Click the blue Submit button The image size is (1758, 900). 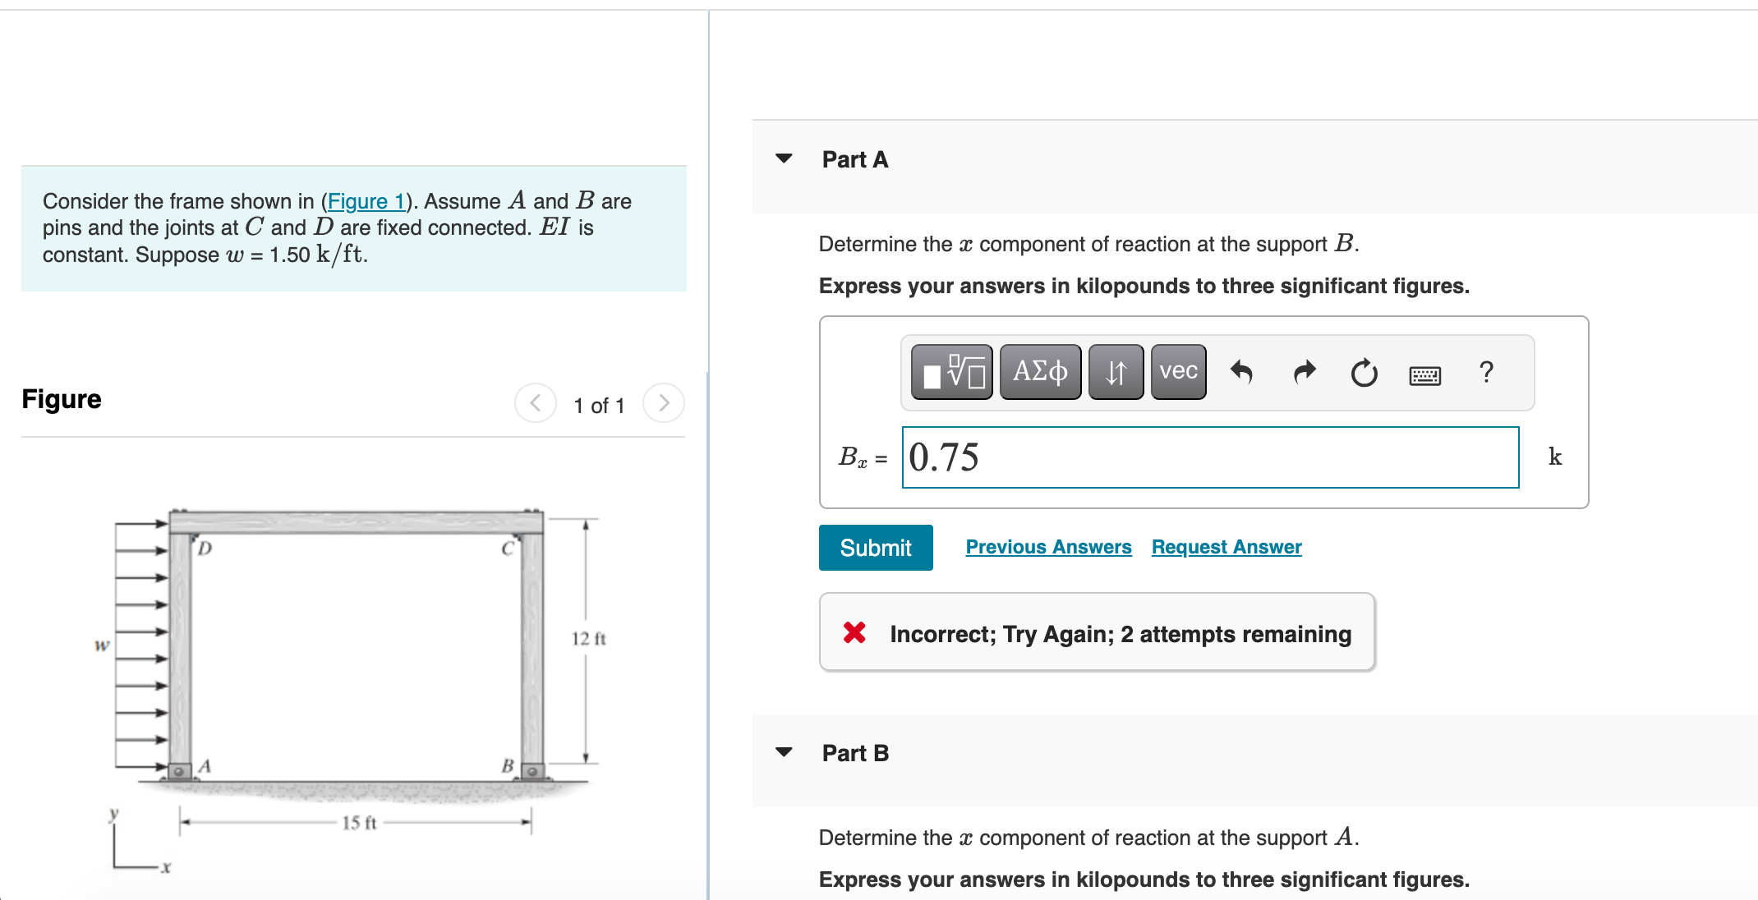pos(876,548)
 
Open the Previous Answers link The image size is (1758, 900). pos(1048,547)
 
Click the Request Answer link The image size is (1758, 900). pos(1226,547)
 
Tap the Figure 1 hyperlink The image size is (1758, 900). pos(366,201)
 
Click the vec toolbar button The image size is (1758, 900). pos(1178,372)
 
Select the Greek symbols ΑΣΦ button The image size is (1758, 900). pos(1040,372)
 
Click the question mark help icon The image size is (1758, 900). pos(1485,373)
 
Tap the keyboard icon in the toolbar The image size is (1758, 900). pos(1424,375)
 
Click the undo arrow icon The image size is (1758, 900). pos(1241,373)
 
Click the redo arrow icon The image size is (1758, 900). pos(1304,373)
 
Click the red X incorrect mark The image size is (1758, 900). pos(854,632)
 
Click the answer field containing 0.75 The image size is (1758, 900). pos(1210,457)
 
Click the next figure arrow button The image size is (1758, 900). pos(664,403)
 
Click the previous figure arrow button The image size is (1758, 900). pos(536,403)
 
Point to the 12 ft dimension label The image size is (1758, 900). pos(588,639)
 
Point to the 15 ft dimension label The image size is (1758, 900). pos(359,823)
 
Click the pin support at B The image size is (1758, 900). pos(532,771)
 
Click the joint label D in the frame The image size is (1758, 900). pos(205,548)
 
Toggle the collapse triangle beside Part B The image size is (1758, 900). pos(785,752)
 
